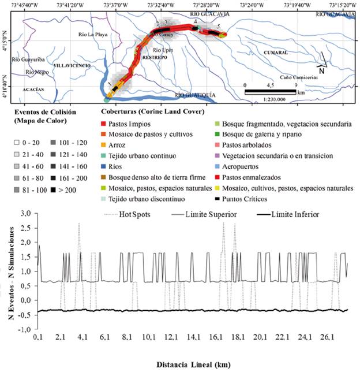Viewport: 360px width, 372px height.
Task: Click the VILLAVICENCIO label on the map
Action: tap(72, 66)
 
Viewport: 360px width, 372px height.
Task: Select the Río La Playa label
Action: tap(93, 34)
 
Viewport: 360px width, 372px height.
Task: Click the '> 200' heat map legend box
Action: tap(50, 187)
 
